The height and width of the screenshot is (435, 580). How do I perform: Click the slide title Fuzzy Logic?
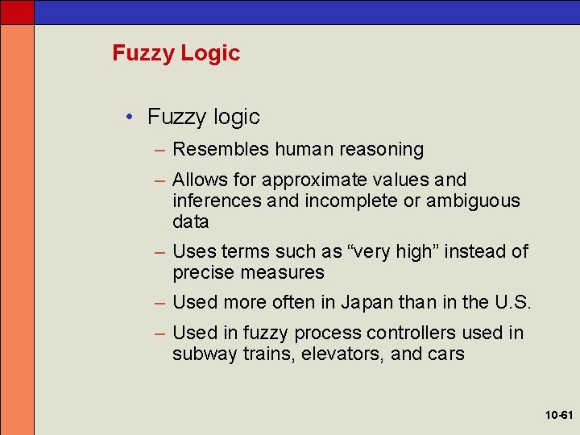176,53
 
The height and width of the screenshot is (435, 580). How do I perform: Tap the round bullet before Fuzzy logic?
130,117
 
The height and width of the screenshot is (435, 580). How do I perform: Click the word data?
190,222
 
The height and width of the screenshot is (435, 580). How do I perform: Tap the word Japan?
367,303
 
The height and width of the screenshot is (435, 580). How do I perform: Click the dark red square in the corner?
17,12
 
